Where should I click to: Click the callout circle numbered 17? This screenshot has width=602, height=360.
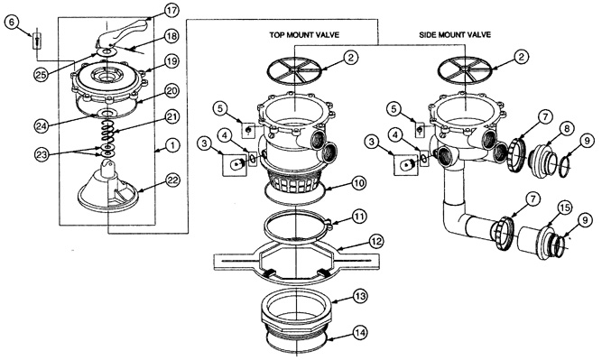pyautogui.click(x=171, y=10)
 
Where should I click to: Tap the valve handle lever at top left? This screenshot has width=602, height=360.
pyautogui.click(x=122, y=34)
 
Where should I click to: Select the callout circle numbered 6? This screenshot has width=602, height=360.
pyautogui.click(x=12, y=23)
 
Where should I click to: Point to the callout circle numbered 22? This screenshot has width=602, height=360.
pyautogui.click(x=172, y=180)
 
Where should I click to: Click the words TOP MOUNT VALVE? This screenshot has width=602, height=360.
pyautogui.click(x=304, y=35)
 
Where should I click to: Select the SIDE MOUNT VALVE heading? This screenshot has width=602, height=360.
pyautogui.click(x=455, y=35)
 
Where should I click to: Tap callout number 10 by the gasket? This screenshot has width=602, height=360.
pyautogui.click(x=358, y=183)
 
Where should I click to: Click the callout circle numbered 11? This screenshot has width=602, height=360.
pyautogui.click(x=359, y=216)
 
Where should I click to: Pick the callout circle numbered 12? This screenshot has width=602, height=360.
pyautogui.click(x=375, y=241)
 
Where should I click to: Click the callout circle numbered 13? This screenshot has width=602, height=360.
pyautogui.click(x=360, y=296)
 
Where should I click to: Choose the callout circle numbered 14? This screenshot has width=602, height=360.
pyautogui.click(x=360, y=332)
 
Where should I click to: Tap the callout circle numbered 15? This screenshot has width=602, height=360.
pyautogui.click(x=564, y=208)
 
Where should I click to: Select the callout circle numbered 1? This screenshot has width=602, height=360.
pyautogui.click(x=172, y=145)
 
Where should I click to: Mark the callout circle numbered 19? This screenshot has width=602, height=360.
pyautogui.click(x=171, y=61)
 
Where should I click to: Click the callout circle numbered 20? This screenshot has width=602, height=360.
pyautogui.click(x=171, y=90)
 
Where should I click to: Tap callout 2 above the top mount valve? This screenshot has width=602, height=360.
pyautogui.click(x=350, y=58)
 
